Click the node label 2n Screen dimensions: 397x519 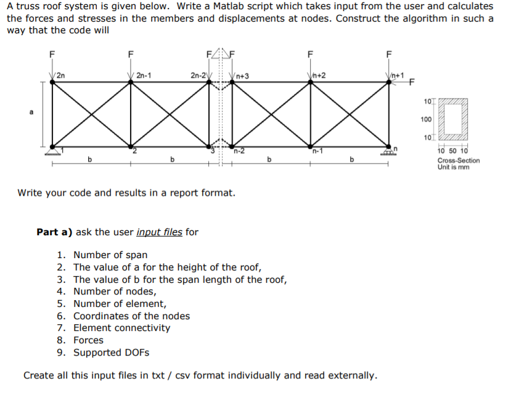62,75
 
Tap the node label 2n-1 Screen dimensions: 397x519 145,75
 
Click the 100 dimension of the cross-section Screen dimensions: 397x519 425,119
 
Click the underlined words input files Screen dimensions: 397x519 159,232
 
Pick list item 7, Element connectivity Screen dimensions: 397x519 121,328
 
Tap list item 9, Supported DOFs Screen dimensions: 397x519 111,353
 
